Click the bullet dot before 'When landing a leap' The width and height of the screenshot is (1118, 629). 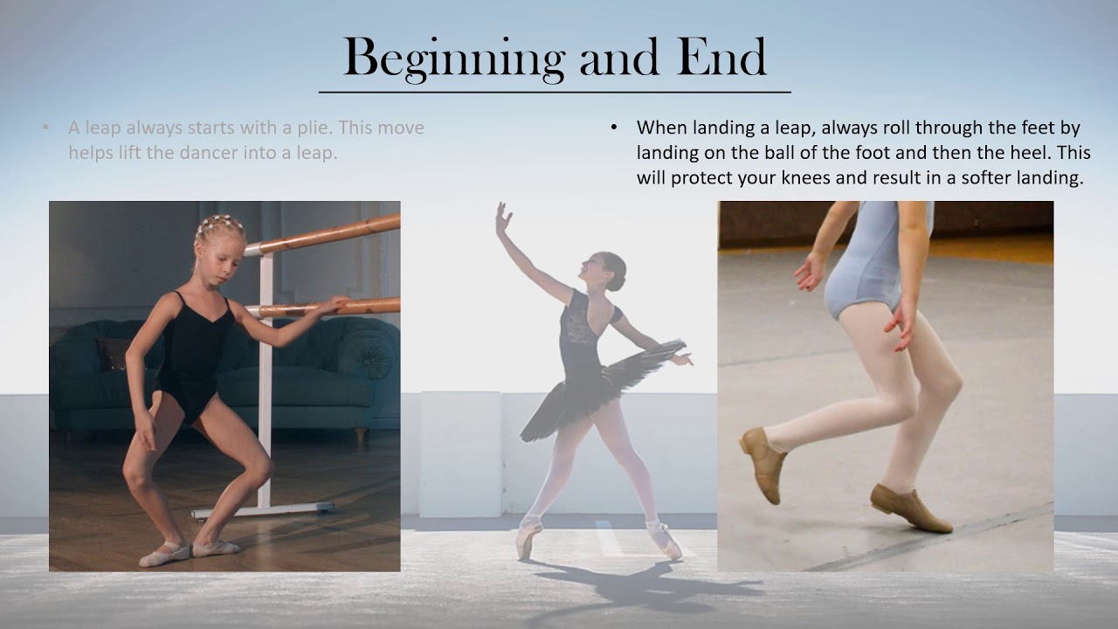[614, 128]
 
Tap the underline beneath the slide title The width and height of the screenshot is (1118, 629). [555, 92]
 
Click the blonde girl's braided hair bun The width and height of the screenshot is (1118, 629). [218, 226]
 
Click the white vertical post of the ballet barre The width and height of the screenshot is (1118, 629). [265, 393]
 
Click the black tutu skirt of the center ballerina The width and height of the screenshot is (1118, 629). [603, 384]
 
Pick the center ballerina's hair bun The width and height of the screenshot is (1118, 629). [618, 266]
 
